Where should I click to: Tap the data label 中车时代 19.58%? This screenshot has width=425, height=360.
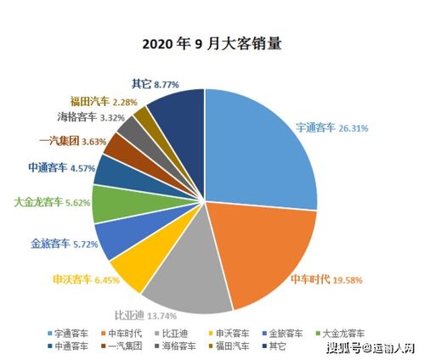[329, 279]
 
